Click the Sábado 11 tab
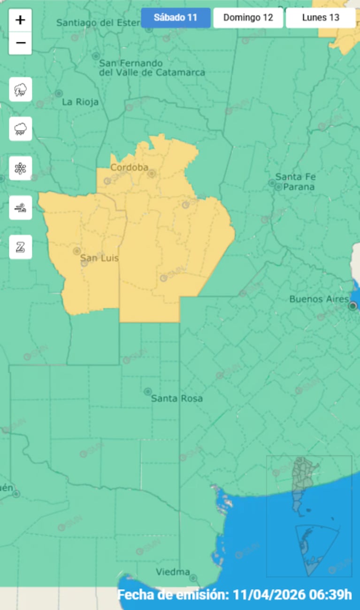176,18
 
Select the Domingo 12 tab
248,18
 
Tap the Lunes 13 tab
321,18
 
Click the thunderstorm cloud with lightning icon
21,89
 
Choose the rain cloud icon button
21,129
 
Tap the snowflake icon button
21,168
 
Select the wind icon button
21,207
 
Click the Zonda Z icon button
21,247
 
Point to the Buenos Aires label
319,299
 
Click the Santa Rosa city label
176,398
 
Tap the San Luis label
99,258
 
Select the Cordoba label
129,168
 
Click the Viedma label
173,572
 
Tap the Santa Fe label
295,177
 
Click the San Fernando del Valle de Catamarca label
152,68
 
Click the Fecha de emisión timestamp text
234,595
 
